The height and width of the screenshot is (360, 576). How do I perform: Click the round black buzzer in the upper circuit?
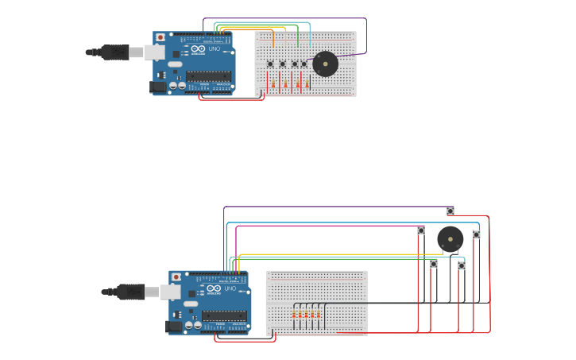[x=325, y=64]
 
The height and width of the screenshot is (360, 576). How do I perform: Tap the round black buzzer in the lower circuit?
[x=450, y=239]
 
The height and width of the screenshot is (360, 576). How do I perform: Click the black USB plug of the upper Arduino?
[x=114, y=52]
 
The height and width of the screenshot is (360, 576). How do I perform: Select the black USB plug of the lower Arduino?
[x=130, y=292]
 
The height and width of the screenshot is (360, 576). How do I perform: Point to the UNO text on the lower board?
[x=230, y=288]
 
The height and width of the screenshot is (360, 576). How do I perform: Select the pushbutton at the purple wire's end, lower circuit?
[x=450, y=211]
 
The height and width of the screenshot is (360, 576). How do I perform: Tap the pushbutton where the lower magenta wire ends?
[x=421, y=230]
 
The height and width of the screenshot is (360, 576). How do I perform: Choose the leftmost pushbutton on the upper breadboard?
[x=270, y=64]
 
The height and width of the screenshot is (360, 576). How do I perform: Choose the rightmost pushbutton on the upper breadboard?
[x=304, y=64]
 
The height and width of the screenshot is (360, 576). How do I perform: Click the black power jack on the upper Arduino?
[x=158, y=86]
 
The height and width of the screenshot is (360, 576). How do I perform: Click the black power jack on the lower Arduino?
[x=173, y=326]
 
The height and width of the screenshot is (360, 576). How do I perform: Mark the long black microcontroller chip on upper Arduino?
[x=208, y=76]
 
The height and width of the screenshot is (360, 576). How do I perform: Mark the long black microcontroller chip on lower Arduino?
[x=223, y=315]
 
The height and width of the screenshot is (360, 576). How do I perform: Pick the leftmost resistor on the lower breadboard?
[x=294, y=315]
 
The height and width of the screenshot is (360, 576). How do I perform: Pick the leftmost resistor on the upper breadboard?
[x=273, y=83]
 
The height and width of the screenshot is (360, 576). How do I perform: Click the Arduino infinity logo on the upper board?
[x=198, y=49]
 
